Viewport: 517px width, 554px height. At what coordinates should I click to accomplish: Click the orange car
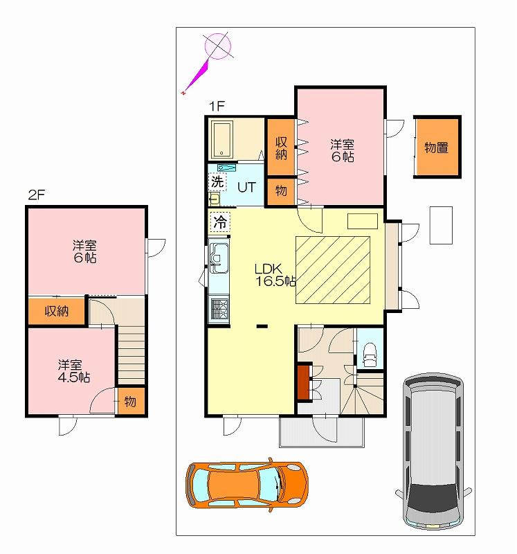pyautogui.click(x=246, y=485)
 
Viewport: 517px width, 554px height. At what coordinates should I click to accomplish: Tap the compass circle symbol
pyautogui.click(x=218, y=45)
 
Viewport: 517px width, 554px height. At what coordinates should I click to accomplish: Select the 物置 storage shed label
pyautogui.click(x=437, y=148)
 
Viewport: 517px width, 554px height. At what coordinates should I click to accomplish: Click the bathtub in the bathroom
pyautogui.click(x=221, y=140)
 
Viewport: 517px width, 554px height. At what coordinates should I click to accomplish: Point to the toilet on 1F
pyautogui.click(x=370, y=355)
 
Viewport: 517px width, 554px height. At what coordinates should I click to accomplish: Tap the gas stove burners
pyautogui.click(x=219, y=308)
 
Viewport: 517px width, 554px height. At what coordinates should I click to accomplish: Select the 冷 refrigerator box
pyautogui.click(x=220, y=222)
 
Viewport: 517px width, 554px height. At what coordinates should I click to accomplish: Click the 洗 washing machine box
pyautogui.click(x=217, y=181)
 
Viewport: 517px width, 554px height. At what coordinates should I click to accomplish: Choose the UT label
pyautogui.click(x=246, y=187)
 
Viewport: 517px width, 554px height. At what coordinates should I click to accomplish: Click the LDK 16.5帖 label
pyautogui.click(x=275, y=275)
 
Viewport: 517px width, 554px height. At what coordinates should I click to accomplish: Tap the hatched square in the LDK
pyautogui.click(x=333, y=270)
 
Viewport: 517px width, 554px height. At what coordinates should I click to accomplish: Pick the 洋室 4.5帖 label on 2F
pyautogui.click(x=74, y=371)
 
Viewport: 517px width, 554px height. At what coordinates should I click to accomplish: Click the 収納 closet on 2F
pyautogui.click(x=57, y=311)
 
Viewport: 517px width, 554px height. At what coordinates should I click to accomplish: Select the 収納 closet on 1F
pyautogui.click(x=281, y=148)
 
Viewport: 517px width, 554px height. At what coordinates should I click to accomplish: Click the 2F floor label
pyautogui.click(x=37, y=195)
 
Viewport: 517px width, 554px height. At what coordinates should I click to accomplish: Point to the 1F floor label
pyautogui.click(x=217, y=106)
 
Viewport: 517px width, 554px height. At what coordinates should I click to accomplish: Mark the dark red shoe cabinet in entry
pyautogui.click(x=303, y=382)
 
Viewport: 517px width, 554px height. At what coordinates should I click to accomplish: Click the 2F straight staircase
pyautogui.click(x=131, y=355)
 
